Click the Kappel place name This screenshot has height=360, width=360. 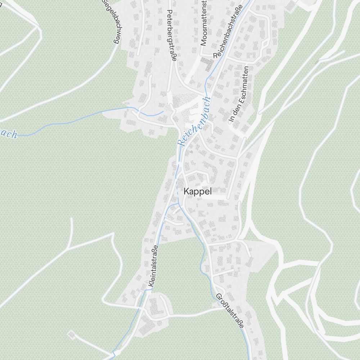[197, 192]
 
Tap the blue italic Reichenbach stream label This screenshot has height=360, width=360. [194, 121]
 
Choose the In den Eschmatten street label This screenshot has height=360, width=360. [239, 94]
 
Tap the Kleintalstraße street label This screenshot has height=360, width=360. [153, 267]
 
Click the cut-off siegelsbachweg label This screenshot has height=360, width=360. [110, 22]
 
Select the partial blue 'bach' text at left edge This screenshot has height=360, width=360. [8, 134]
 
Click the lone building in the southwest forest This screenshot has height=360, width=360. [72, 335]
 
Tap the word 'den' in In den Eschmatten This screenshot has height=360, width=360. [234, 110]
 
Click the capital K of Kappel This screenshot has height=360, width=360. [186, 192]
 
